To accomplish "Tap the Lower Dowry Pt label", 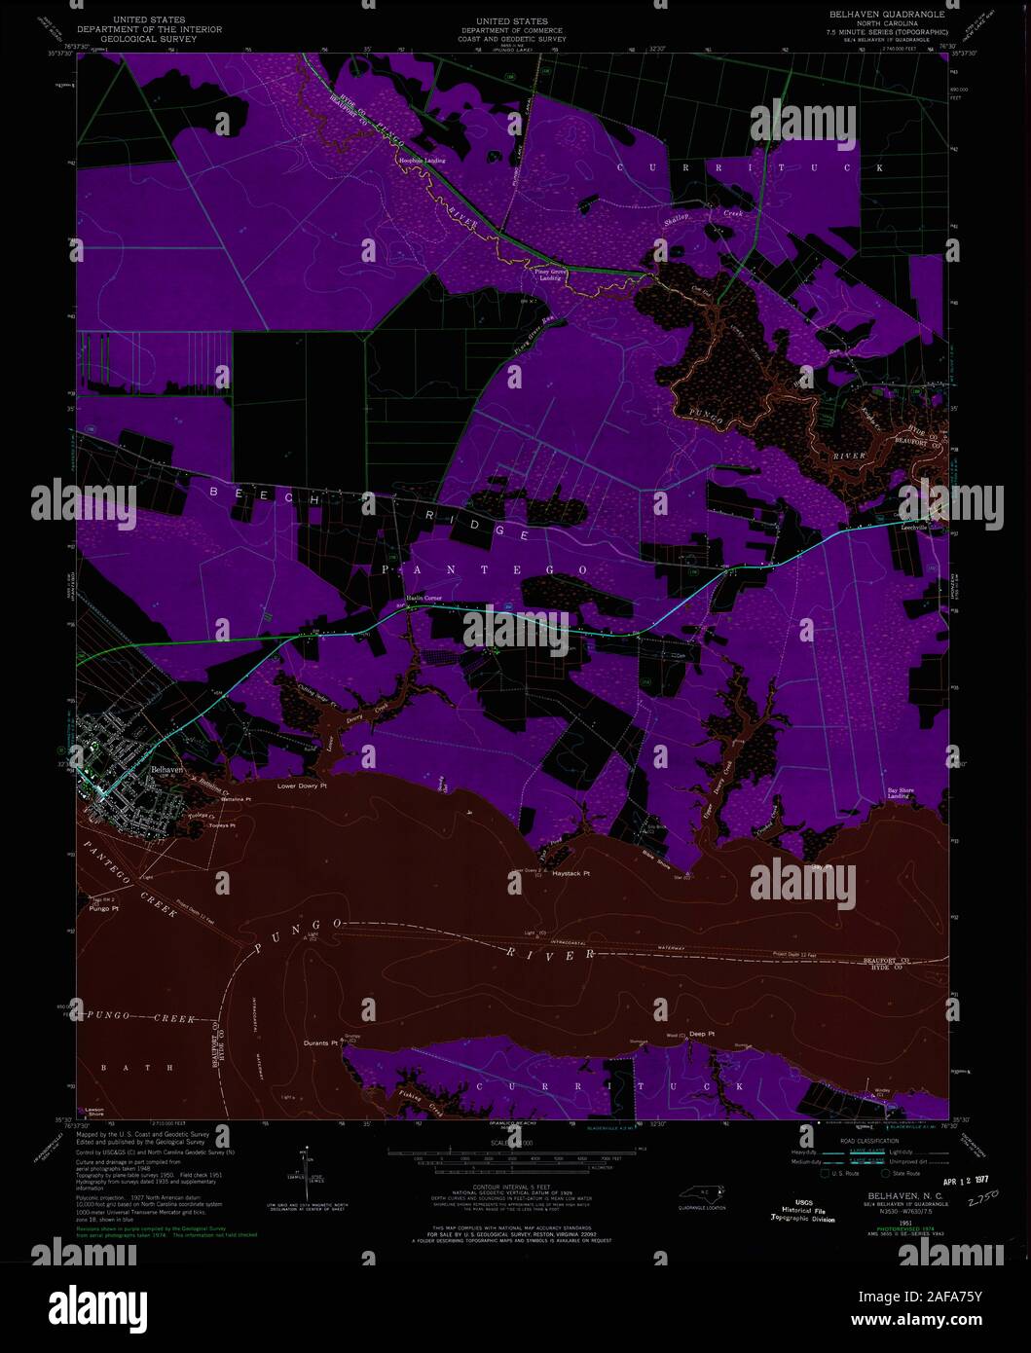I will point(299,786).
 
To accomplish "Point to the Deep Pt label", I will point(702,1034).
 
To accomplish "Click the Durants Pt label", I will point(320,1042).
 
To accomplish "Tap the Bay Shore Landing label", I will point(899,792).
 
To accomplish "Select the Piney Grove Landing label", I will point(550,274).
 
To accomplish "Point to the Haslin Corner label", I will point(423,598).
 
